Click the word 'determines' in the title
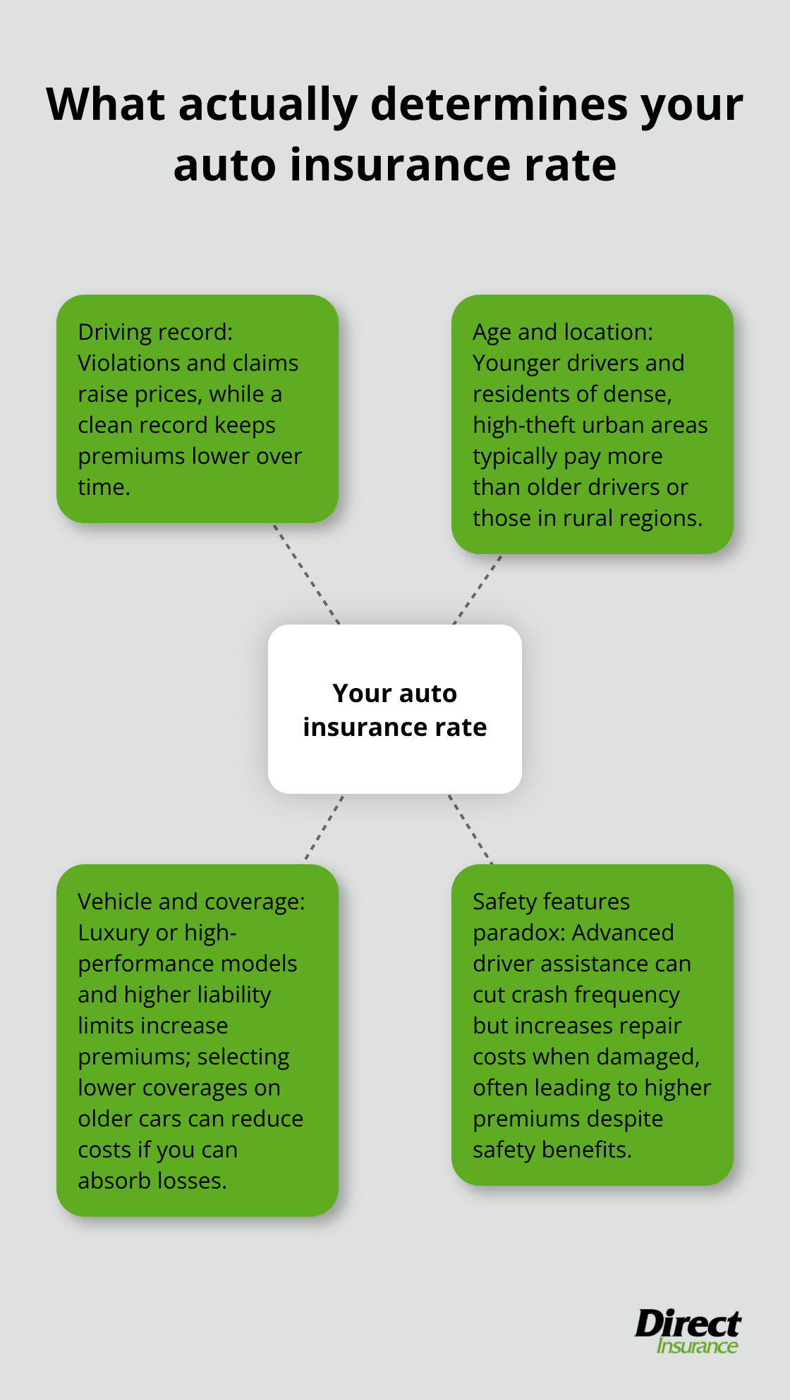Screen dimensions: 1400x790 [x=499, y=104]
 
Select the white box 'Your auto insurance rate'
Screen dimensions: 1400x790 [x=395, y=709]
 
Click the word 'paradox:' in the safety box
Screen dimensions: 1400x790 [x=518, y=933]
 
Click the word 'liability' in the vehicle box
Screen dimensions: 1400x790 [x=234, y=995]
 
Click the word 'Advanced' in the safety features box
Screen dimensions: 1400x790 [x=623, y=933]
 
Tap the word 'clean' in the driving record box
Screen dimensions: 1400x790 [x=105, y=425]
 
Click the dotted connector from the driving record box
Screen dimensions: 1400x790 [x=307, y=574]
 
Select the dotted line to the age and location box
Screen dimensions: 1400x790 [x=478, y=589]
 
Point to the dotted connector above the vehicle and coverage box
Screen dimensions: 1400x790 [x=324, y=828]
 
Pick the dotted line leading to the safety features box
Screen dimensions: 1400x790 [x=470, y=828]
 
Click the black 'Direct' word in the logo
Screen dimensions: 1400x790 [x=688, y=1323]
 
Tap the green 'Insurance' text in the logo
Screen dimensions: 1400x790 [x=697, y=1346]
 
